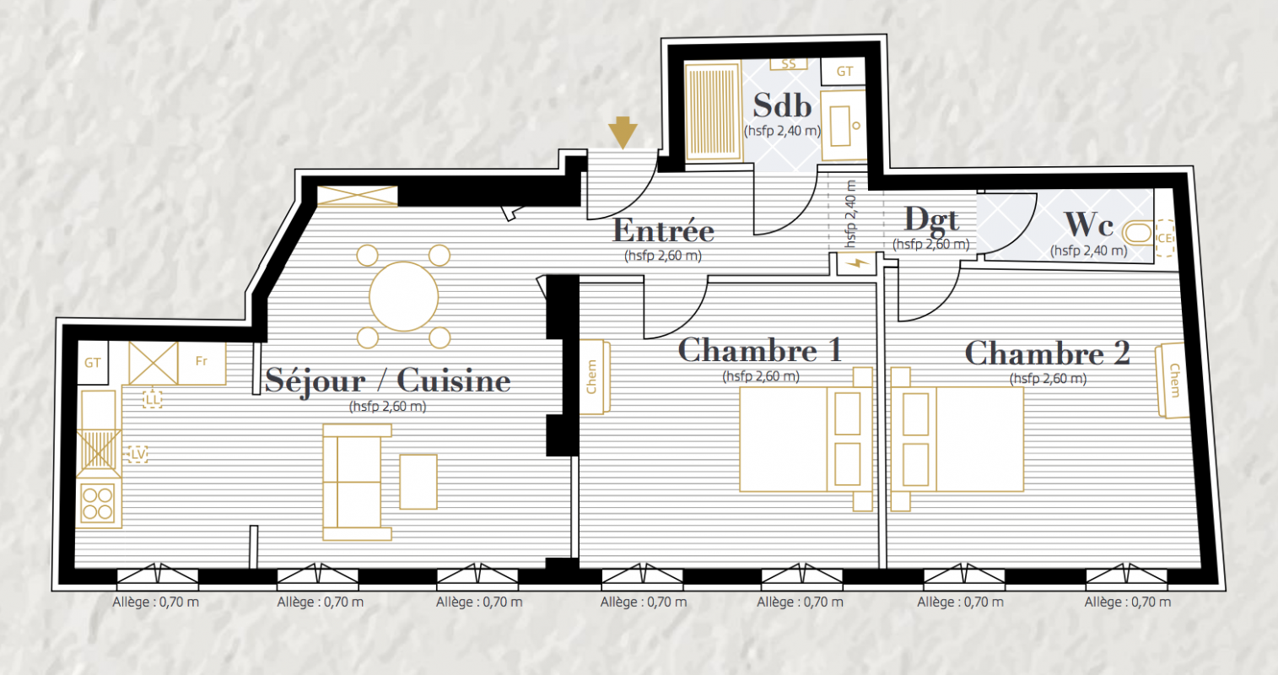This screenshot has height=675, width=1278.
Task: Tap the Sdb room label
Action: pos(782,105)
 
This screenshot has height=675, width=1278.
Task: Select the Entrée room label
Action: pos(663,230)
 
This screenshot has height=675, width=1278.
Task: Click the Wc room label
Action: pos(1088,224)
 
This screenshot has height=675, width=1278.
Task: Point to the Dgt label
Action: pos(931,220)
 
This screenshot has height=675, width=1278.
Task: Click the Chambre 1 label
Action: pos(760,350)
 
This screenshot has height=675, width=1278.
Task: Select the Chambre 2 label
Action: pos(1048,354)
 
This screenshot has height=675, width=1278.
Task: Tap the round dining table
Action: pos(404,297)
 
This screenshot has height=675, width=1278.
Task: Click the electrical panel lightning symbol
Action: pos(856,263)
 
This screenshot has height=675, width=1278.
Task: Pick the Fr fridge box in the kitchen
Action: pos(202,363)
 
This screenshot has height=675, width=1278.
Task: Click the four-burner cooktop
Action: pos(98,503)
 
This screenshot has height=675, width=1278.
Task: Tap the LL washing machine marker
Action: pos(153,399)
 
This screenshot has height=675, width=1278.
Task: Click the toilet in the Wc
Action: pos(1138,234)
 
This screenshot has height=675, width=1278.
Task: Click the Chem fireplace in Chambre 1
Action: pos(595,376)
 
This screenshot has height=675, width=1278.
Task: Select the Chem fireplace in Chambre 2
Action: pos(1173,381)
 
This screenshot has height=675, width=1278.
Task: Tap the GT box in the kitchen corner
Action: pos(93,362)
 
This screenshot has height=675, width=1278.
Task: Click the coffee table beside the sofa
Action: pos(418,482)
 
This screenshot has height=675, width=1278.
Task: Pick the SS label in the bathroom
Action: pos(789,64)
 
